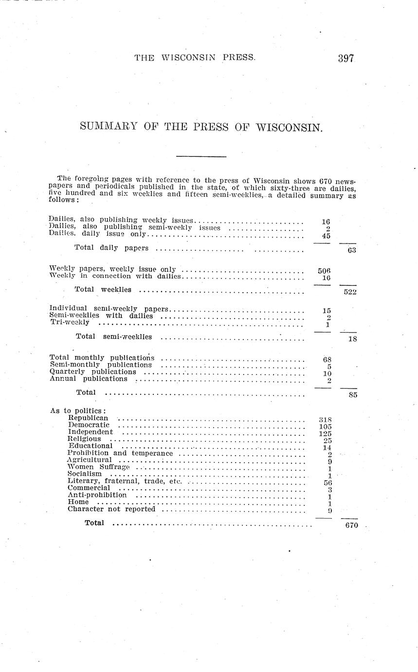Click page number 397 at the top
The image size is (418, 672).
point(346,58)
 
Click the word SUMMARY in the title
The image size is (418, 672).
point(109,127)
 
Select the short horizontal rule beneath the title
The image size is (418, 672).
point(201,156)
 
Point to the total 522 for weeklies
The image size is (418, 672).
point(349,292)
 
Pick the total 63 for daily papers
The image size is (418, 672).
point(352,250)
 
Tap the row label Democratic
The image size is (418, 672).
point(89,425)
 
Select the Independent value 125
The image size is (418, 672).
point(325,433)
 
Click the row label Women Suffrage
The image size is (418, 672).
point(99,467)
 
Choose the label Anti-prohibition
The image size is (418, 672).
point(97,495)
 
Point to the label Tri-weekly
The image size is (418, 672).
point(70,322)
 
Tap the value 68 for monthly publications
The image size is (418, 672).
point(327,359)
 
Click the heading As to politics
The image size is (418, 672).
point(78,411)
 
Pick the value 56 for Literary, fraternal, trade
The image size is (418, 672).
point(327,482)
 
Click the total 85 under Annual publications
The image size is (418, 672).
point(353,395)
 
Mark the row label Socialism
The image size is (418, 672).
point(85,473)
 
